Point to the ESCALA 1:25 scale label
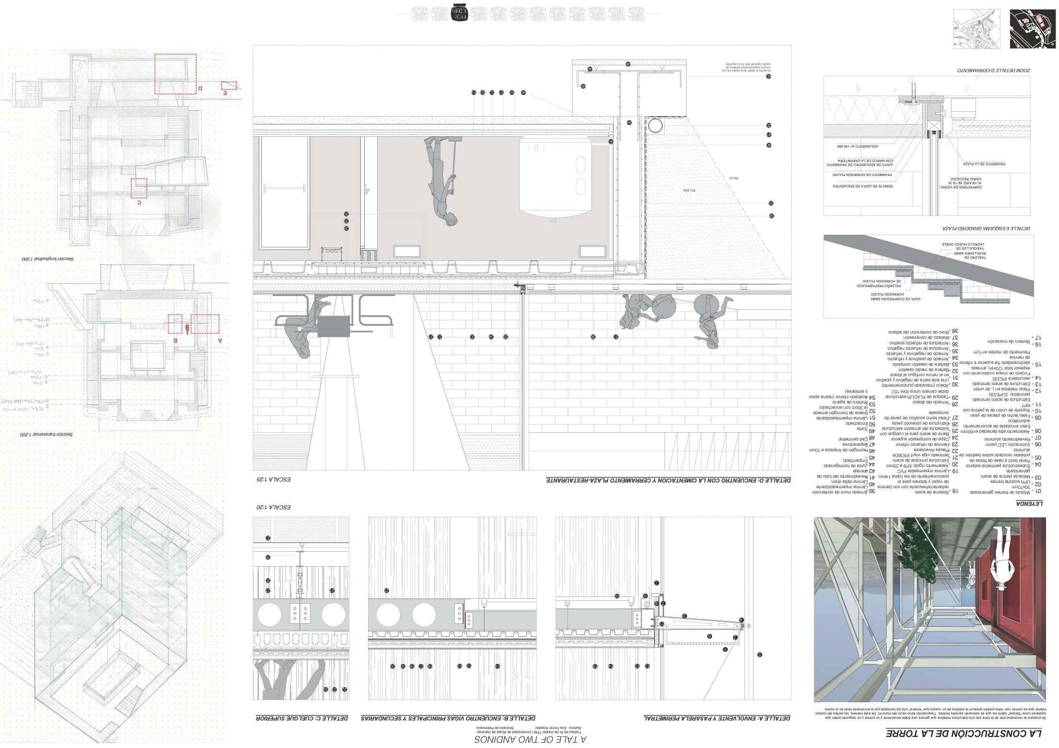click(273, 479)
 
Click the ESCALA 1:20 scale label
click(273, 507)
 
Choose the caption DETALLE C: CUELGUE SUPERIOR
click(301, 718)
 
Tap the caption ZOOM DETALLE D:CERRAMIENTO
click(993, 70)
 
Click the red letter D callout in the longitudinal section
click(200, 88)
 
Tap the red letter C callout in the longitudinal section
click(139, 202)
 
